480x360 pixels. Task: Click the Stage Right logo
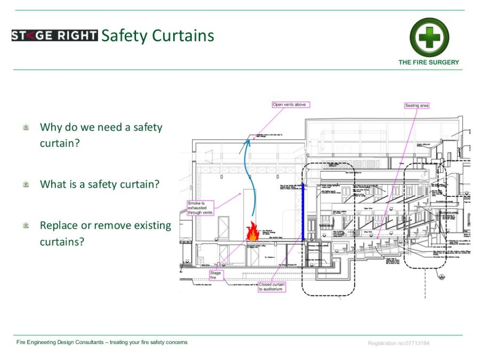[54, 36]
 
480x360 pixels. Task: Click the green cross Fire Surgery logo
[429, 37]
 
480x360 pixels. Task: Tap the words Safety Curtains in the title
[157, 36]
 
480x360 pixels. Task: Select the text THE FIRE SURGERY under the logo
[428, 62]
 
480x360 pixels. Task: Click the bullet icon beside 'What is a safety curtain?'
[26, 185]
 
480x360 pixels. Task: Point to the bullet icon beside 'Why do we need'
[26, 127]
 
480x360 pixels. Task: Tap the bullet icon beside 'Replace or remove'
[26, 226]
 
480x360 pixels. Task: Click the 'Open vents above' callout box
[290, 105]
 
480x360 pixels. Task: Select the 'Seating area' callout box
[417, 106]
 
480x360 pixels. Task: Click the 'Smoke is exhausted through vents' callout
[201, 208]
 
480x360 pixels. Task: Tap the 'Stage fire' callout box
[216, 275]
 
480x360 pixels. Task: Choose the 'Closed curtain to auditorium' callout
[272, 287]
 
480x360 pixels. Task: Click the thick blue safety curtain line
[303, 212]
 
